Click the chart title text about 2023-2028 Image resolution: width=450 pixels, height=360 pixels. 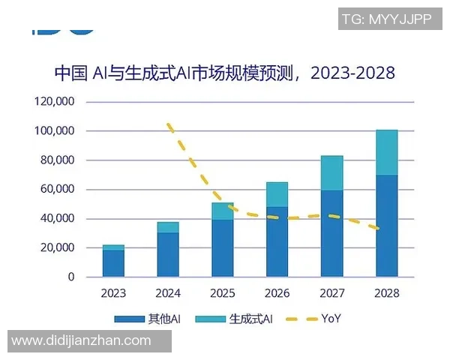coord(224,73)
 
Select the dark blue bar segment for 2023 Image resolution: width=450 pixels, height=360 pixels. coord(113,263)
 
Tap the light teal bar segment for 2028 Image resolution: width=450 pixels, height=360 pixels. coord(386,152)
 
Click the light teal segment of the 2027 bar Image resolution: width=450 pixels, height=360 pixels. coord(331,173)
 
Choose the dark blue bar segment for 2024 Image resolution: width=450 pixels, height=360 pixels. coord(168,254)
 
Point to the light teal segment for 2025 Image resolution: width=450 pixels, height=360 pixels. coord(222,211)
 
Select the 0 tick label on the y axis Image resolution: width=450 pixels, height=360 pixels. coord(71,277)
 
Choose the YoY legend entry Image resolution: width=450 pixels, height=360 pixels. coord(316,319)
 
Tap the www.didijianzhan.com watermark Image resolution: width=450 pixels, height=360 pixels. coord(82,341)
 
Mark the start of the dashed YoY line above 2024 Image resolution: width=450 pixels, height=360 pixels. coord(169,124)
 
